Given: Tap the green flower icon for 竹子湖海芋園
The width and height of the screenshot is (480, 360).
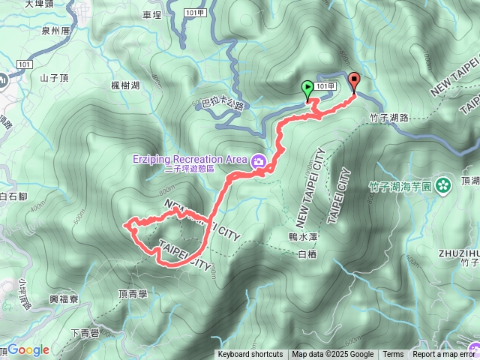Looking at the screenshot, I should (443, 182).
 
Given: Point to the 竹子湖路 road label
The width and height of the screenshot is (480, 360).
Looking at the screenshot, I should (389, 118).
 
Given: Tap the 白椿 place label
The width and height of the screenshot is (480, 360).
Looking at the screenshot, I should (307, 255).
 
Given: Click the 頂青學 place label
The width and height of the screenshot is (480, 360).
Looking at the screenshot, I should (133, 295).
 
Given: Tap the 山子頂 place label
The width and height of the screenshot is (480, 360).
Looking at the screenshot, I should (54, 77).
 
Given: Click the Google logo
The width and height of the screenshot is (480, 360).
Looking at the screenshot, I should (28, 350).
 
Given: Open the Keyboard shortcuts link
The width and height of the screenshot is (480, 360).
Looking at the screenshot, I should (250, 355).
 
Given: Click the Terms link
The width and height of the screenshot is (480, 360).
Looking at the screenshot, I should (393, 355).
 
